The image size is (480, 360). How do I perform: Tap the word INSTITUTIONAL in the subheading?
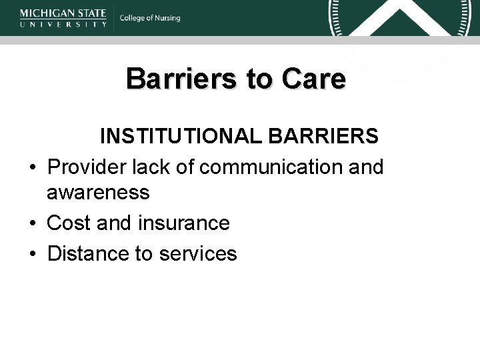click(x=182, y=136)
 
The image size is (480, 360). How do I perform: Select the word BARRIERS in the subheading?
click(x=324, y=136)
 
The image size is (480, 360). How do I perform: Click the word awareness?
click(x=98, y=193)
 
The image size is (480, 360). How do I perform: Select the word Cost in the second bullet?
click(x=69, y=223)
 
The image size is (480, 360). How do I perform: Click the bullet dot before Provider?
click(x=33, y=167)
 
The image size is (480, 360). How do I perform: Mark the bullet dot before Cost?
click(x=33, y=223)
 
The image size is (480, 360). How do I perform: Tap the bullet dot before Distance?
click(x=33, y=254)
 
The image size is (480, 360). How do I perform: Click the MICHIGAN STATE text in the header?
click(x=63, y=12)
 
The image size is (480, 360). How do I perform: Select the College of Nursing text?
click(x=150, y=18)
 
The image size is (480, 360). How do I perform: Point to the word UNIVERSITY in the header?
click(x=63, y=24)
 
